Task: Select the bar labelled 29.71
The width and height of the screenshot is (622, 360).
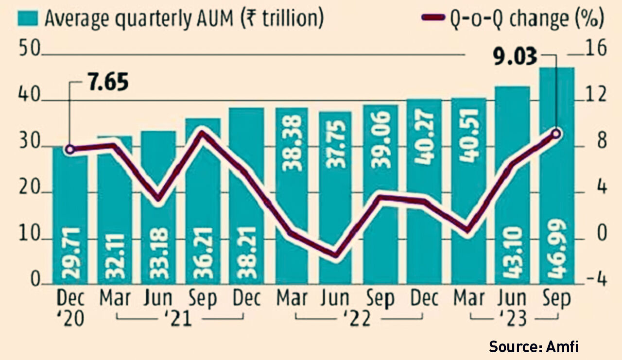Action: click(70, 219)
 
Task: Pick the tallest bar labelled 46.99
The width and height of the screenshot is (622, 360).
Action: click(557, 175)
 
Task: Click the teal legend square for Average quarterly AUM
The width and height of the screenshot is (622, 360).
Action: click(29, 18)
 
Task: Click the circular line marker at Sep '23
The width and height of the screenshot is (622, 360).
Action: click(557, 134)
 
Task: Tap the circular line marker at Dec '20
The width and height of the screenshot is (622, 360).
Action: click(70, 149)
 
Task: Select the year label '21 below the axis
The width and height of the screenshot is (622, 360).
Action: click(180, 320)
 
